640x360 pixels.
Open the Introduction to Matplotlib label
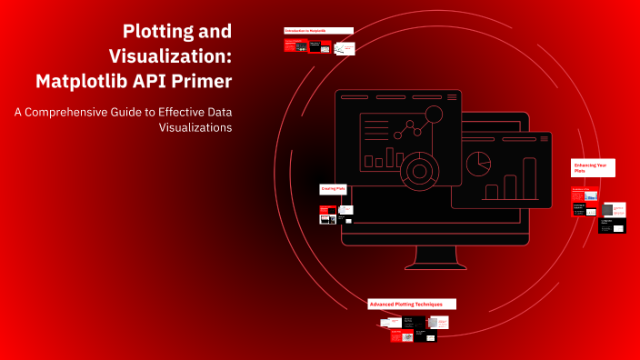pyautogui.click(x=318, y=31)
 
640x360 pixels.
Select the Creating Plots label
pyautogui.click(x=333, y=189)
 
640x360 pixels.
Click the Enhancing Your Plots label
pyautogui.click(x=593, y=167)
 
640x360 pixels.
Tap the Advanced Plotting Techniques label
pyautogui.click(x=411, y=304)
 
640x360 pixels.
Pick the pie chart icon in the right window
pyautogui.click(x=479, y=164)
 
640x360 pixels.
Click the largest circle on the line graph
pyautogui.click(x=433, y=115)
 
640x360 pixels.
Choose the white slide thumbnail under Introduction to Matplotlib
pyautogui.click(x=343, y=46)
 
